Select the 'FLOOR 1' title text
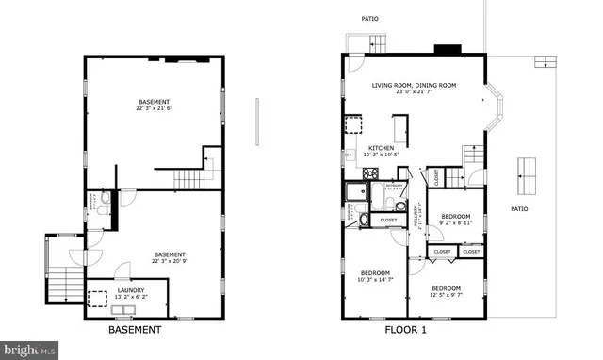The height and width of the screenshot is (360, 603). point(406,331)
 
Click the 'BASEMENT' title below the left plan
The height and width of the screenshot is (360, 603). point(135,331)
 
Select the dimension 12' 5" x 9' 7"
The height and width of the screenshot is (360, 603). point(447,295)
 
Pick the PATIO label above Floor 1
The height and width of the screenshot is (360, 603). point(370,19)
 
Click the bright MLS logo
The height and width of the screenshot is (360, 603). point(28,350)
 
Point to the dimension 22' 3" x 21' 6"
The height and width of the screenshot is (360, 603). point(155,108)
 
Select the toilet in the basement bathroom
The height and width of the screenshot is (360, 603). point(104,199)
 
